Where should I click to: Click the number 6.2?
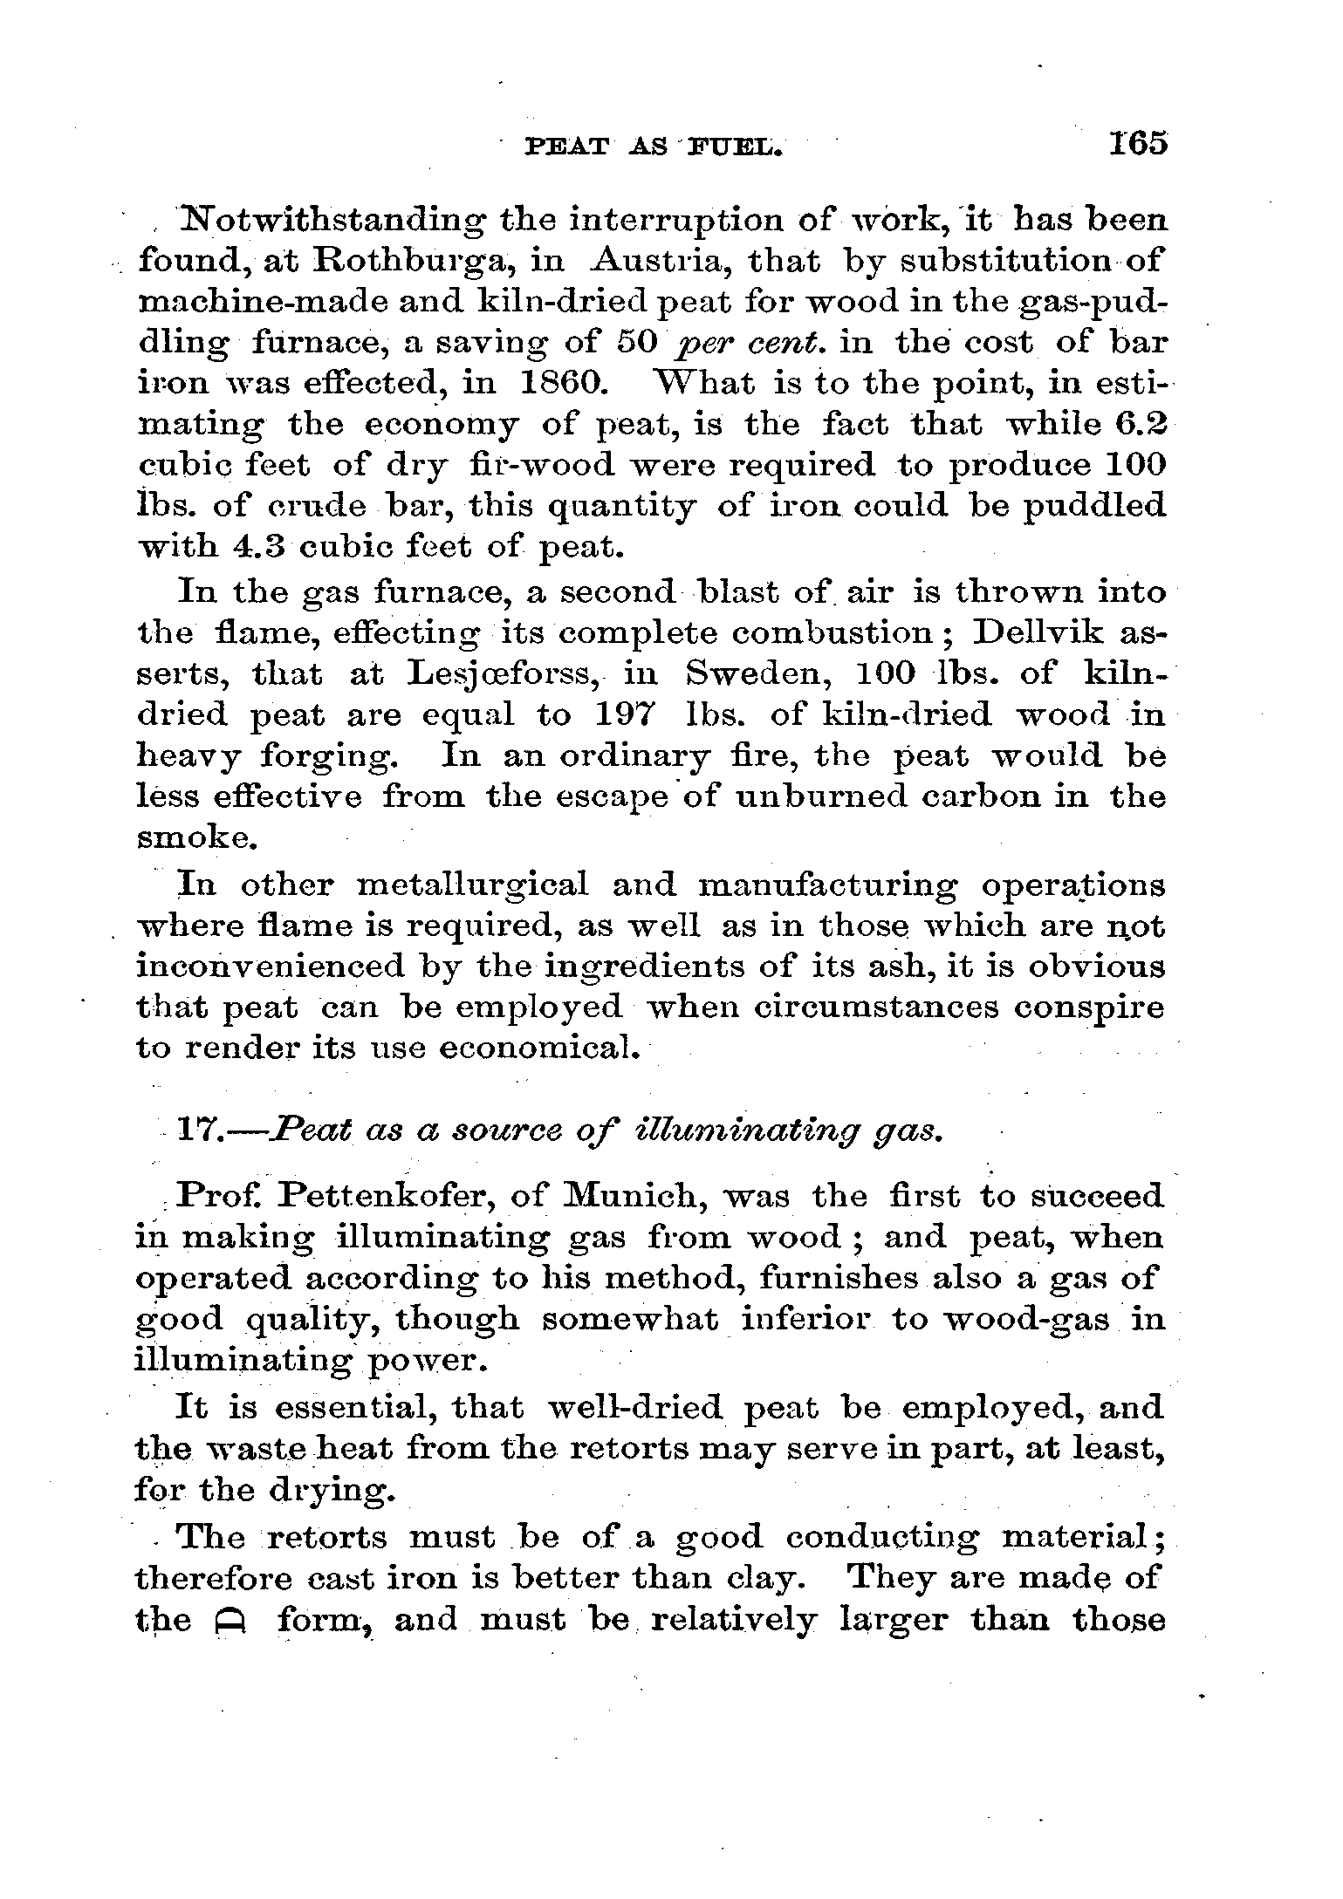pos(1140,425)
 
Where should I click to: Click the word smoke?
pos(197,837)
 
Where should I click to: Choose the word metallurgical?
pos(473,885)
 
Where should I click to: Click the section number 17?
pos(202,1131)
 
